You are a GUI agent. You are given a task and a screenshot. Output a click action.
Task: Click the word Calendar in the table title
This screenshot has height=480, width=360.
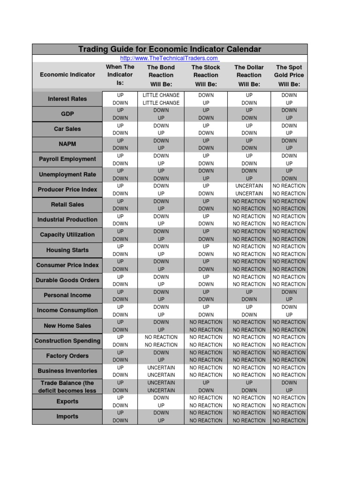(x=242, y=49)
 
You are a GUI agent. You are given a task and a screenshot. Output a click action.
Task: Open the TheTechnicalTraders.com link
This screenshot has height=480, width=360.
(x=169, y=58)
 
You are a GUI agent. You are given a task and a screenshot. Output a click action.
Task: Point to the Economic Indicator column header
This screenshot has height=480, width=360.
(x=67, y=75)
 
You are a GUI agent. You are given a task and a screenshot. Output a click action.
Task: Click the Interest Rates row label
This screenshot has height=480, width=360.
(x=67, y=99)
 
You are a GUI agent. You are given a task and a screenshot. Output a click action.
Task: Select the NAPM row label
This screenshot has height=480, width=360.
(x=67, y=144)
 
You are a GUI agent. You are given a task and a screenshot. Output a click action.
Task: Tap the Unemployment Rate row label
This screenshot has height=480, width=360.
(x=67, y=174)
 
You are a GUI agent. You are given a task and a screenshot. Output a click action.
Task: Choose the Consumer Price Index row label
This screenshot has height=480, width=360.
(x=67, y=265)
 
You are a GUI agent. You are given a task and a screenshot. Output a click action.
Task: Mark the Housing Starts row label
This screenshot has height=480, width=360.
(x=67, y=250)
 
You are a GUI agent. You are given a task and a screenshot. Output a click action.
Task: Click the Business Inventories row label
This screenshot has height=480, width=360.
(x=67, y=371)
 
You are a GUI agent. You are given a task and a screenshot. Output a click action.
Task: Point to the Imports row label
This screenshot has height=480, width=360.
(x=67, y=416)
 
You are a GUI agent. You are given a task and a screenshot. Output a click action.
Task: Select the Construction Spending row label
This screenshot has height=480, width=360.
(x=67, y=341)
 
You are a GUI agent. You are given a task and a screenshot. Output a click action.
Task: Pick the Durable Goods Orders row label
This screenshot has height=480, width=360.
(x=67, y=280)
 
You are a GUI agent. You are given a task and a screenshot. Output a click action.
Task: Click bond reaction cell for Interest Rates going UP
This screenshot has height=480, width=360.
(x=161, y=95)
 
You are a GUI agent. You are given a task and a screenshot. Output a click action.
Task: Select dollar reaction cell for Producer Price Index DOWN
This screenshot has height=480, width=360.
(x=249, y=194)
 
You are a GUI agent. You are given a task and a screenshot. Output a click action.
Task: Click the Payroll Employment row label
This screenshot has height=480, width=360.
(x=67, y=159)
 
